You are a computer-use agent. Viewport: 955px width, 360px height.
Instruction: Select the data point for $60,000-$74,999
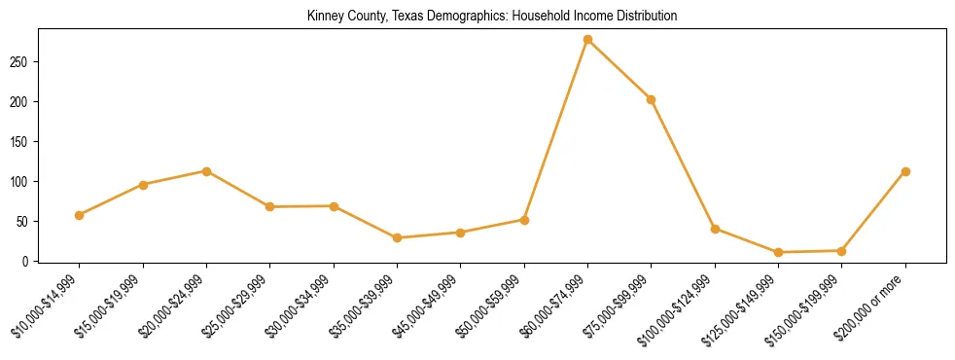pyautogui.click(x=587, y=40)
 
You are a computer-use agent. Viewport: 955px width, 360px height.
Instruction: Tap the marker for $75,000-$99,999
pyautogui.click(x=651, y=99)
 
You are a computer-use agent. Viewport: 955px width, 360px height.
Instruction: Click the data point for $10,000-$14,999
pyautogui.click(x=79, y=215)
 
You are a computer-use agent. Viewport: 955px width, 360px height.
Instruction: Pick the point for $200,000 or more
pyautogui.click(x=905, y=171)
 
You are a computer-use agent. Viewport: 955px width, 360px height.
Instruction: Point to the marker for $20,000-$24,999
pyautogui.click(x=206, y=171)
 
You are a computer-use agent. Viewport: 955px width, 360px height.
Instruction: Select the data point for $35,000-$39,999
pyautogui.click(x=397, y=237)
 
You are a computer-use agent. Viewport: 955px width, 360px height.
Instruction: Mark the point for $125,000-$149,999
pyautogui.click(x=778, y=252)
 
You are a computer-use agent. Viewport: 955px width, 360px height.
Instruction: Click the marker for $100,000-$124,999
pyautogui.click(x=715, y=229)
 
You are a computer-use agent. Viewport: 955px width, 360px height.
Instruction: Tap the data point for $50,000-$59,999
pyautogui.click(x=524, y=220)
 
